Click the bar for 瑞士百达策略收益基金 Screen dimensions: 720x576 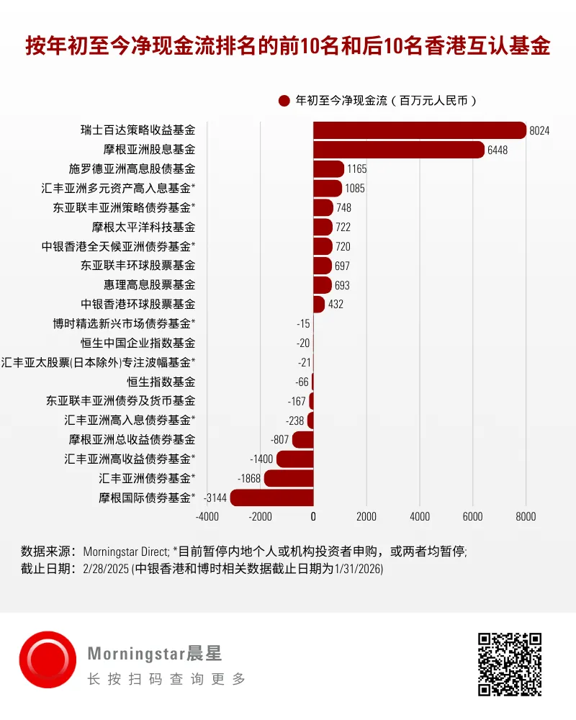(419, 130)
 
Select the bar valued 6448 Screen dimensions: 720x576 (398, 150)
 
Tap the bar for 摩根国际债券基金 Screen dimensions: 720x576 (271, 498)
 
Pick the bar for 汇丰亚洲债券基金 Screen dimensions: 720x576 (289, 478)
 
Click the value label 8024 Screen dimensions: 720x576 (539, 131)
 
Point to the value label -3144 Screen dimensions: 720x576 (215, 498)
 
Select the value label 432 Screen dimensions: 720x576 (336, 305)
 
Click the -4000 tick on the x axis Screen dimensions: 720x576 (207, 516)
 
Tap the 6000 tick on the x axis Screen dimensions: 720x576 (472, 516)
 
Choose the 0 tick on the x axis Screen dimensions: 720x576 (313, 516)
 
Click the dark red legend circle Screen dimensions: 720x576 (284, 102)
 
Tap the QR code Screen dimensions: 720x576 (510, 664)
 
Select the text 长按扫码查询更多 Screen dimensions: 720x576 (166, 679)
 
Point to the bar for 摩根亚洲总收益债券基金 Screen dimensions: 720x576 (302, 439)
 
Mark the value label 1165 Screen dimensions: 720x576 (356, 169)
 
